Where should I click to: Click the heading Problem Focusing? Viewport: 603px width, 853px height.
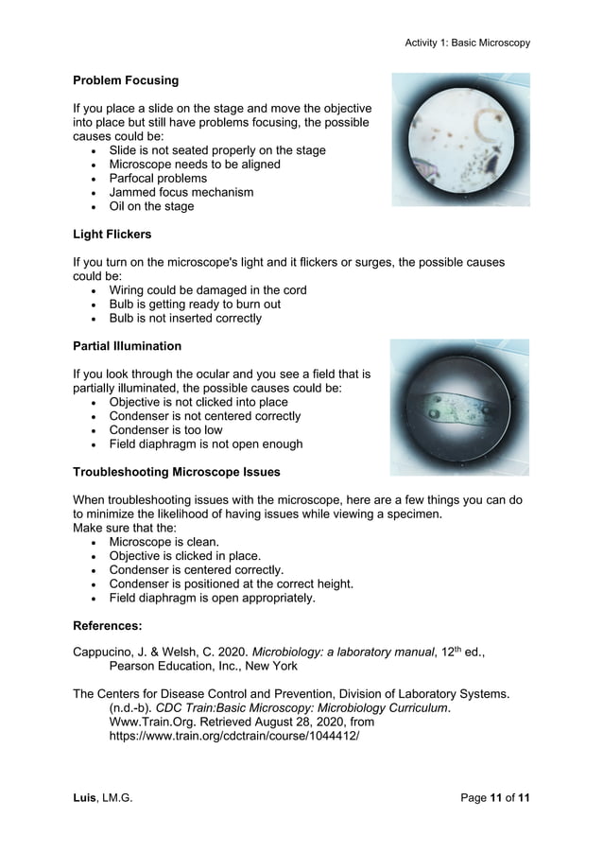(126, 80)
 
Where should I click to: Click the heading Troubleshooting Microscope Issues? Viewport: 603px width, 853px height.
(176, 472)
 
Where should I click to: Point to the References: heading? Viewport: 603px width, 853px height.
(108, 625)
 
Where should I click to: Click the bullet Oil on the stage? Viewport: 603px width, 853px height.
(151, 206)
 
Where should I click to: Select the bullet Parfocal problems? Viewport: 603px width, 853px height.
(158, 178)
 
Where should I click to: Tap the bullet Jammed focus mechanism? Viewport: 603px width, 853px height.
(181, 192)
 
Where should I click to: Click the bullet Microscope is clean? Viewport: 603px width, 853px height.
(164, 542)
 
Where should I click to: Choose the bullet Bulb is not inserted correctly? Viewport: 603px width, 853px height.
(185, 319)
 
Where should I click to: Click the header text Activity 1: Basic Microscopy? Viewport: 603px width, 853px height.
(467, 43)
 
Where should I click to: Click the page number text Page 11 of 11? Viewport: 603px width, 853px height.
(494, 798)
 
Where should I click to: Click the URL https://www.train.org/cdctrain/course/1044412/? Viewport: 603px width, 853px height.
(234, 736)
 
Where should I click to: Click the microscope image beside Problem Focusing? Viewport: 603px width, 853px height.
(461, 140)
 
